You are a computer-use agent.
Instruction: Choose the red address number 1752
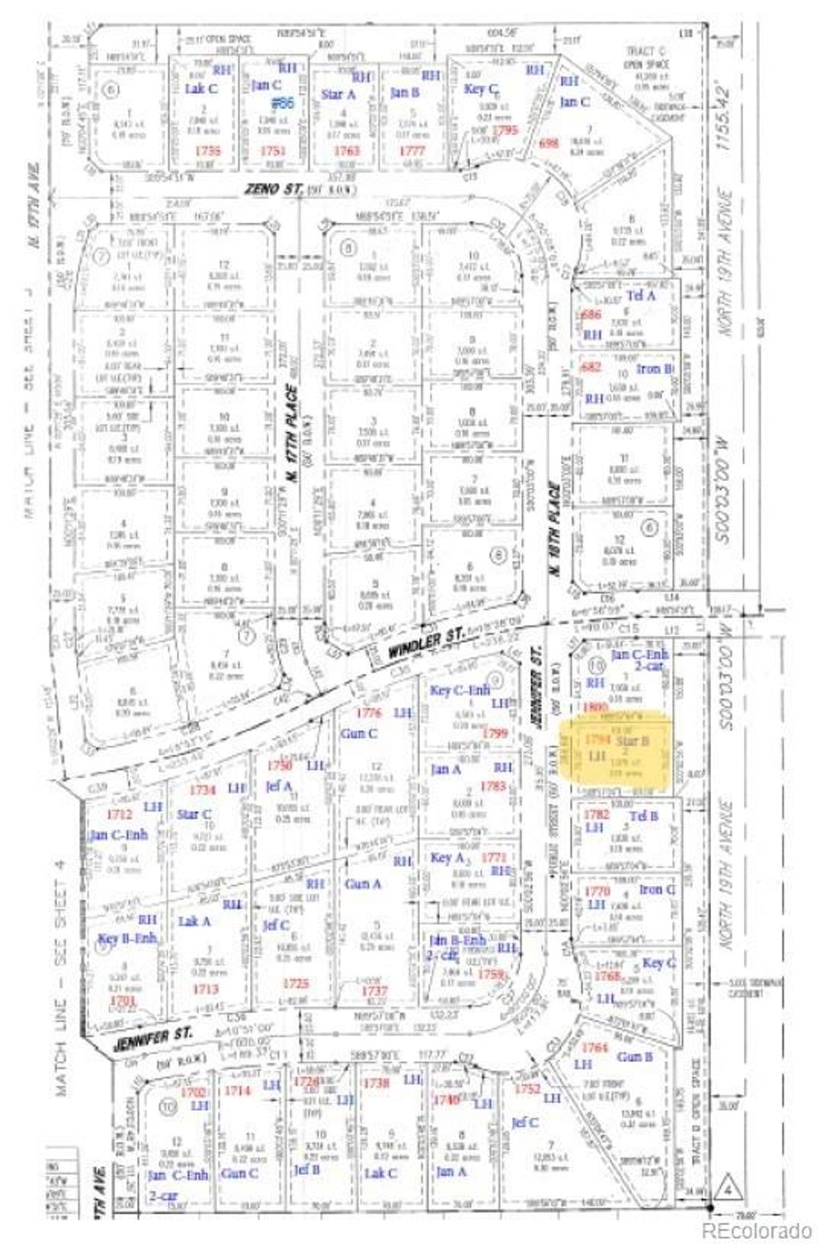tap(528, 1089)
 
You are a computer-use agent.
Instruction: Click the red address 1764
tap(594, 1048)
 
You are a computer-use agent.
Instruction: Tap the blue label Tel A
tap(641, 295)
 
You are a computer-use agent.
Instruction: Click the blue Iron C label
tap(657, 890)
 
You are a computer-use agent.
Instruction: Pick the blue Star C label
tap(195, 815)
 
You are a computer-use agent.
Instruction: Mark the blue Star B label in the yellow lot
tap(632, 741)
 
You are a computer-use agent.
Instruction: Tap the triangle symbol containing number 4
tap(729, 1184)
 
